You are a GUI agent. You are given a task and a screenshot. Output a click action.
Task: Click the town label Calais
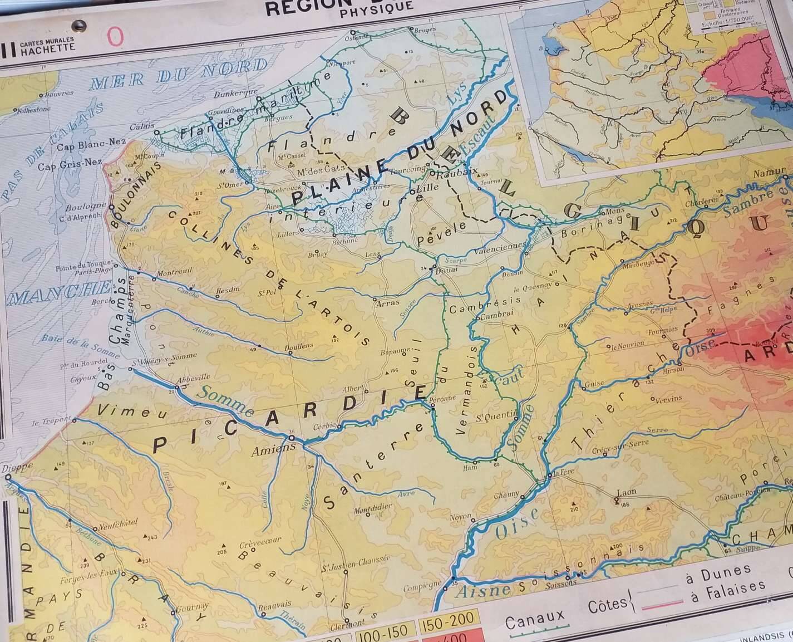142,126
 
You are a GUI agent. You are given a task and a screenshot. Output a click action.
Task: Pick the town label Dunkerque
235,91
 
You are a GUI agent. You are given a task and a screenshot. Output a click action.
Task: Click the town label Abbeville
193,376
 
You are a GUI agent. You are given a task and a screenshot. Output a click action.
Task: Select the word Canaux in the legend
534,616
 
